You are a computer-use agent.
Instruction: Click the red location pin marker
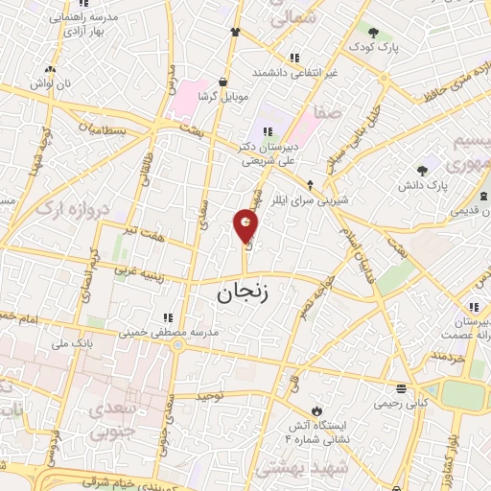(x=246, y=226)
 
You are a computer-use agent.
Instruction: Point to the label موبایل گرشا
(x=223, y=97)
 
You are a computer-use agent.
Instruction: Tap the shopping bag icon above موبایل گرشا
(x=223, y=82)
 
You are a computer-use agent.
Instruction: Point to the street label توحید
(x=210, y=394)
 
